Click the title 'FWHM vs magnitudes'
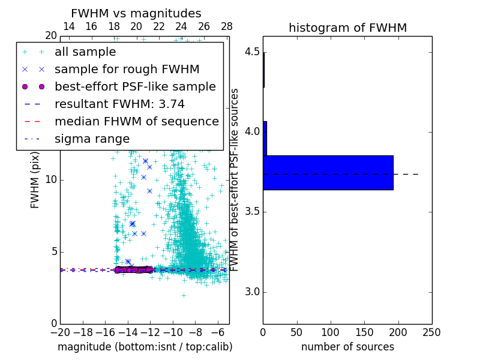click(136, 13)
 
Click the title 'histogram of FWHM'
click(347, 28)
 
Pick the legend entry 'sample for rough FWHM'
click(127, 69)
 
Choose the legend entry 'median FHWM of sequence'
click(136, 121)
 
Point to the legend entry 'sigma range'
click(92, 139)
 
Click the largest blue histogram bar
click(328, 173)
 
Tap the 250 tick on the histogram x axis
click(432, 331)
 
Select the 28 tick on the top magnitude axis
click(227, 26)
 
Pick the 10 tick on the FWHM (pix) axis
click(51, 180)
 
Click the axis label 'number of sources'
click(347, 347)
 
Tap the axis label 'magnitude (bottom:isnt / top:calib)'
click(145, 347)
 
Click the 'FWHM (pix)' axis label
click(35, 180)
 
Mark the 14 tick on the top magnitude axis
click(69, 26)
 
